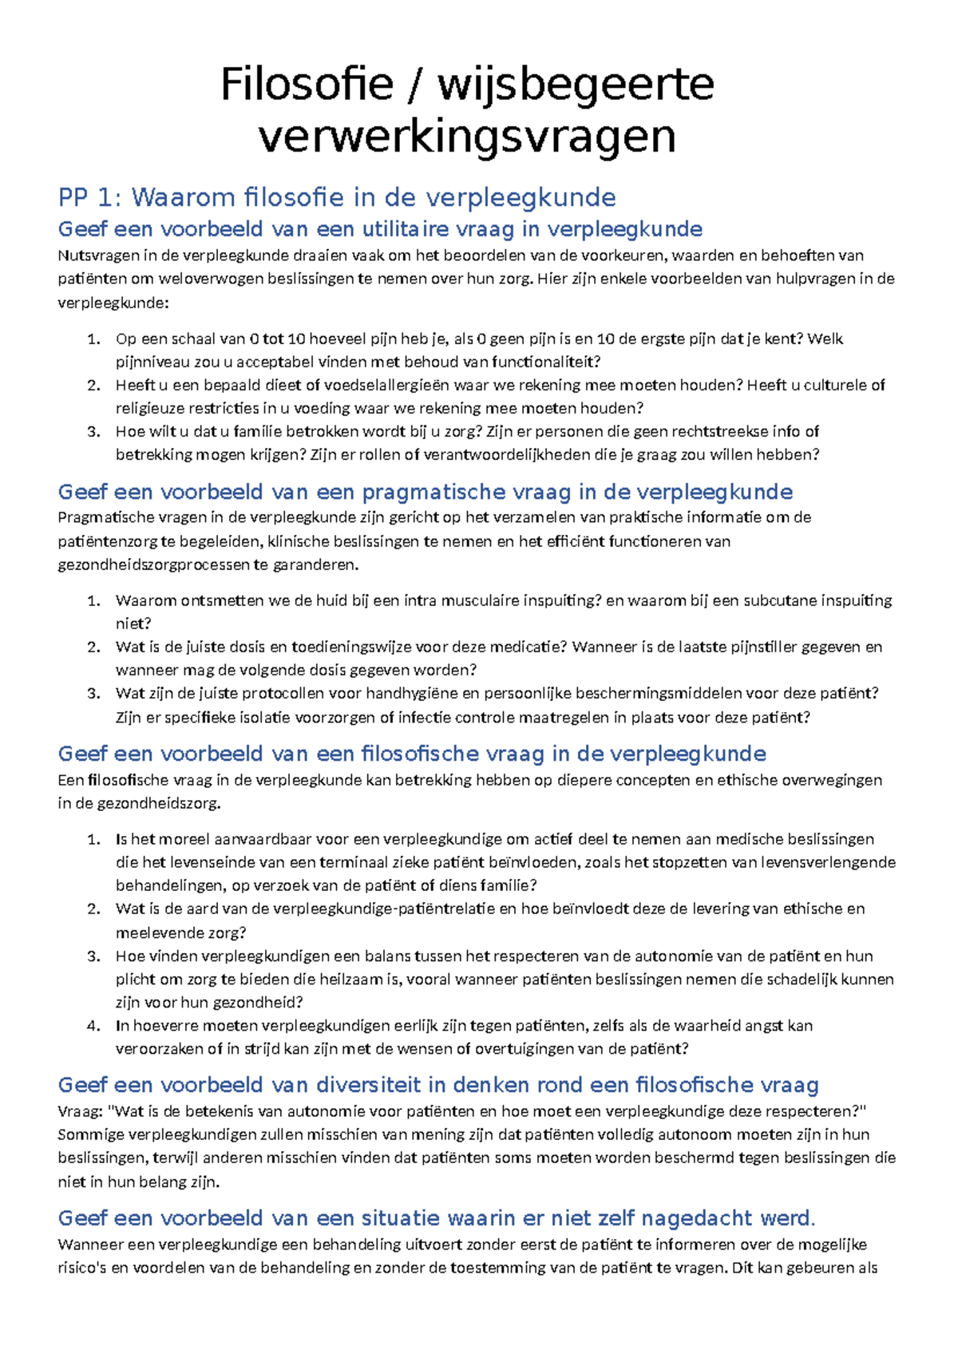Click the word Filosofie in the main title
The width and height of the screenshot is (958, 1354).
(307, 85)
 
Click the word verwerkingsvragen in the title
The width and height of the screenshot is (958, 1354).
(467, 137)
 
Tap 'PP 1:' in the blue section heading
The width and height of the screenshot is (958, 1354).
(89, 197)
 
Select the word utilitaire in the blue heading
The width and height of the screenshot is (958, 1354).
(406, 229)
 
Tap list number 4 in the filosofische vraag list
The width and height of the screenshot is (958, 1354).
(93, 1026)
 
